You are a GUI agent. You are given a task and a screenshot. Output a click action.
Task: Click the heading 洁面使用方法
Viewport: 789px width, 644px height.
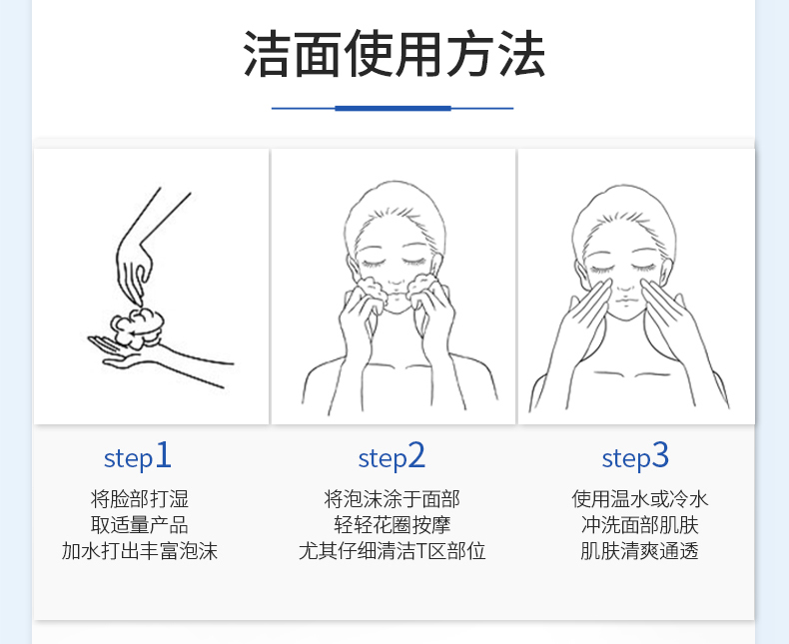click(394, 54)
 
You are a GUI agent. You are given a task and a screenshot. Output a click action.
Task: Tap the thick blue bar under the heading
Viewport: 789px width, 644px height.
click(393, 108)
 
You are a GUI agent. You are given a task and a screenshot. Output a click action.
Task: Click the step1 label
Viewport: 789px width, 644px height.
click(138, 457)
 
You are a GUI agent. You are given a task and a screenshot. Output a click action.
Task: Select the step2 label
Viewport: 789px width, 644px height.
click(392, 457)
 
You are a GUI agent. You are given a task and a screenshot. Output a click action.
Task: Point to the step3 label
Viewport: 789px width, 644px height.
click(635, 457)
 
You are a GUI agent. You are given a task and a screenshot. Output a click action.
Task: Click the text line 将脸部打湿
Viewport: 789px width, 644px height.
click(140, 499)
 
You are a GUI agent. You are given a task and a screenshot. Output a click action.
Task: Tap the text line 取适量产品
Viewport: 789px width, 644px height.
click(140, 525)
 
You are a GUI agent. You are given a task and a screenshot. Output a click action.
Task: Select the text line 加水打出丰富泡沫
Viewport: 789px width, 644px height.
click(140, 551)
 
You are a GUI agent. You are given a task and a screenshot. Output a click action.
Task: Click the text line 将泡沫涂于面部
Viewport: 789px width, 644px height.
click(392, 499)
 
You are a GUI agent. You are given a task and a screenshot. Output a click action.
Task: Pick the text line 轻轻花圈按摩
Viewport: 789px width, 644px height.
click(392, 525)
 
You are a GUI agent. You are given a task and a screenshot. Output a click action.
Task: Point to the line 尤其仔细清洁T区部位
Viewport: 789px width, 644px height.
click(392, 551)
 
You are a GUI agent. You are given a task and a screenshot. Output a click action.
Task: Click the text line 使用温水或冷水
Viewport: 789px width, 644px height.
click(639, 499)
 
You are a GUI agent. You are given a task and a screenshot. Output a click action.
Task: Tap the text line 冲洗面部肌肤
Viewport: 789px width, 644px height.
click(639, 525)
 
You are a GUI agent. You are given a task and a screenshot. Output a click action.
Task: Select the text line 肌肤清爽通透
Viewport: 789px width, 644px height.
click(639, 551)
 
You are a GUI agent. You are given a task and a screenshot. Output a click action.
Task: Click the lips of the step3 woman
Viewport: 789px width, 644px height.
click(625, 301)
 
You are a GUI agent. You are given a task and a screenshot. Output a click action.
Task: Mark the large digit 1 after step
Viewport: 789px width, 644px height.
click(163, 455)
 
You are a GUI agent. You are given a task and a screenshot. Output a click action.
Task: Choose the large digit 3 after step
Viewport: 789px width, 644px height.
click(661, 455)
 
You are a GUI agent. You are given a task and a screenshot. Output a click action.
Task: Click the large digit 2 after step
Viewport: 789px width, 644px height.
click(416, 455)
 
